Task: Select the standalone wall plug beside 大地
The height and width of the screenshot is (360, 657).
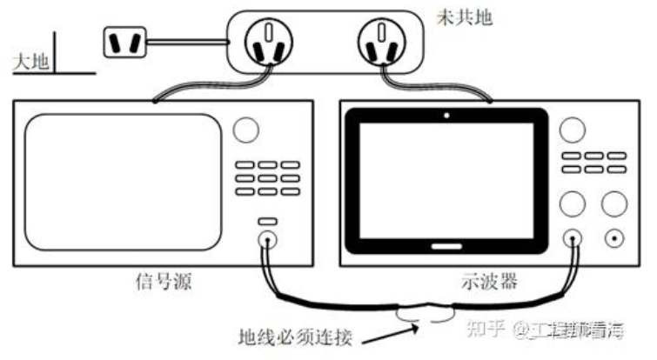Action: click(x=124, y=43)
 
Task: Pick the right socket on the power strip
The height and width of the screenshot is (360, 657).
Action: click(x=385, y=44)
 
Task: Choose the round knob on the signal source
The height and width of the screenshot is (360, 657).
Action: click(x=246, y=130)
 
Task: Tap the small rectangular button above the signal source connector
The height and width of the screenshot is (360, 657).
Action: click(x=266, y=223)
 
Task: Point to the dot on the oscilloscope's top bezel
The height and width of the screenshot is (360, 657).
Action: click(x=446, y=115)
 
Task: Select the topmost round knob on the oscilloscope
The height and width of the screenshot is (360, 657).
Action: click(x=572, y=129)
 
